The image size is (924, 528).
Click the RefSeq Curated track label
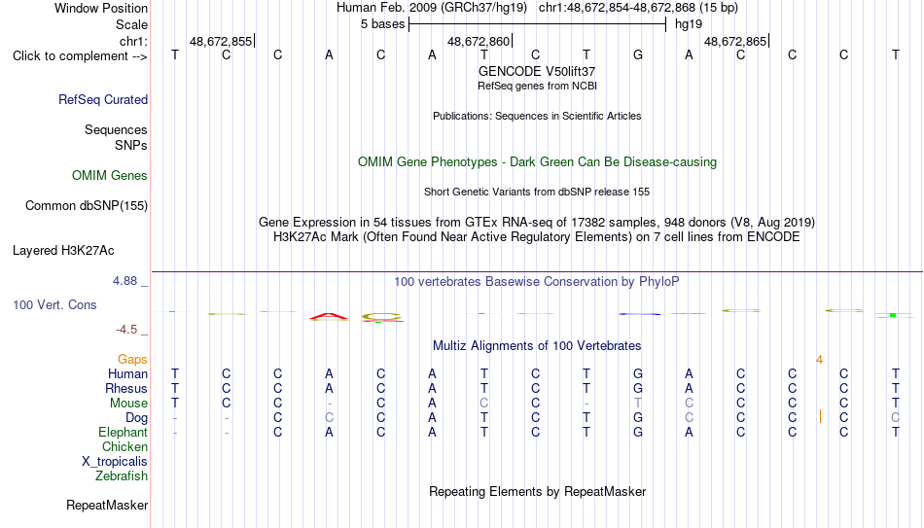point(103,99)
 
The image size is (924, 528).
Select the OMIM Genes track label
point(110,176)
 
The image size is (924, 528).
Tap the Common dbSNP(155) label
point(87,206)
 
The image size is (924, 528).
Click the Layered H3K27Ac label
point(63,251)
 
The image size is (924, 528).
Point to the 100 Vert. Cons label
point(54,304)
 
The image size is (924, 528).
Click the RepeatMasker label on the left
point(107,505)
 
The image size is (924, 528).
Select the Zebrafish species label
point(122,475)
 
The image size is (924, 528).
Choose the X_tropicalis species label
point(115,462)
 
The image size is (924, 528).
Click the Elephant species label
point(124,432)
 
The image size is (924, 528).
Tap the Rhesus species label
point(126,388)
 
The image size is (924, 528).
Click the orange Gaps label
point(132,360)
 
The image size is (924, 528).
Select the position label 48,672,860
point(479,41)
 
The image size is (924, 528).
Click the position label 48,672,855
point(221,41)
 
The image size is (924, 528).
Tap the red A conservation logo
point(329,317)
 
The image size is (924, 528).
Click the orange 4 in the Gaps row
point(819,360)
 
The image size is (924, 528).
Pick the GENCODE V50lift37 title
point(537,71)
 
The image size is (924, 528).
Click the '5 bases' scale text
point(383,24)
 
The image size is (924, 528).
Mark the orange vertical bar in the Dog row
point(820,416)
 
